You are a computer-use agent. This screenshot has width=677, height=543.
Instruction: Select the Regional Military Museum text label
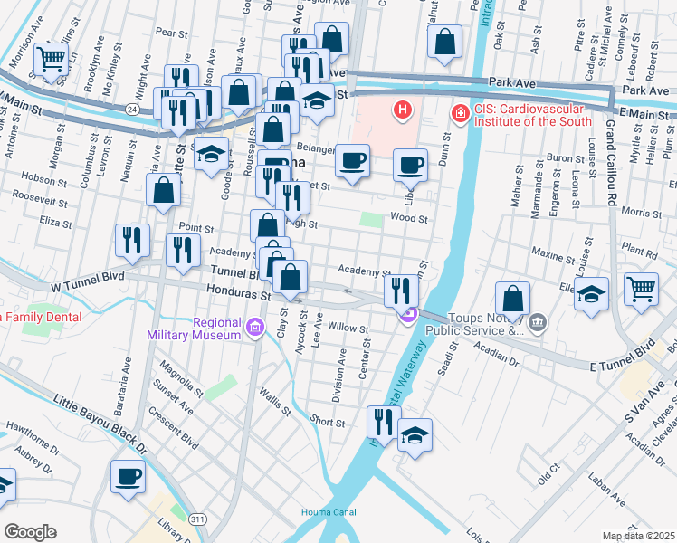[x=195, y=329]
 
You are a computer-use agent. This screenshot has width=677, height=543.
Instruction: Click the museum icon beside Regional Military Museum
[x=255, y=326]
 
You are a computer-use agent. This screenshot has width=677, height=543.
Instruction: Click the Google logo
[x=30, y=531]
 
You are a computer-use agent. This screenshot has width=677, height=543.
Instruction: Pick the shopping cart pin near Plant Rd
[x=641, y=289]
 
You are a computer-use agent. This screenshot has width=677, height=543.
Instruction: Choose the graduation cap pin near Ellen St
[x=591, y=294]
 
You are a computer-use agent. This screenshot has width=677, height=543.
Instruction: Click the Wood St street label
[x=409, y=218]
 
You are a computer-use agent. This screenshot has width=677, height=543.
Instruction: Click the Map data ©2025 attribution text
[x=638, y=536]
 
